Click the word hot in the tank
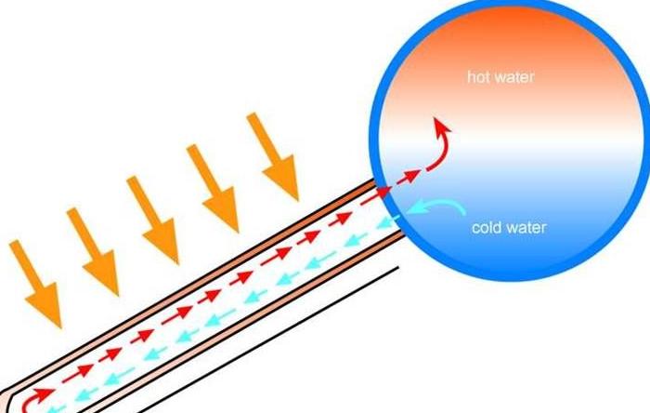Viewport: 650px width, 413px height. (478, 76)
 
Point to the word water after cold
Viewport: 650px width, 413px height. (526, 228)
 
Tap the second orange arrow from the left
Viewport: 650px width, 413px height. (93, 251)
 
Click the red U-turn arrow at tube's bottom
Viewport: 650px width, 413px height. (35, 398)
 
